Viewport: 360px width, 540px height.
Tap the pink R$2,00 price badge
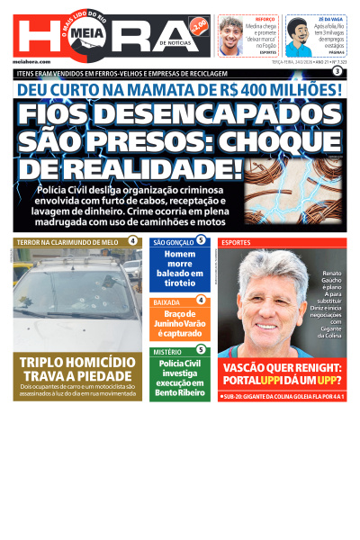pyautogui.click(x=200, y=23)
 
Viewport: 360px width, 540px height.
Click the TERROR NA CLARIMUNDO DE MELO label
pyautogui.click(x=67, y=242)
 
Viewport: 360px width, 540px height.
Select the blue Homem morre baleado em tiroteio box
pyautogui.click(x=179, y=270)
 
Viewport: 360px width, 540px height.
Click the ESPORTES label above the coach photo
pyautogui.click(x=236, y=242)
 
